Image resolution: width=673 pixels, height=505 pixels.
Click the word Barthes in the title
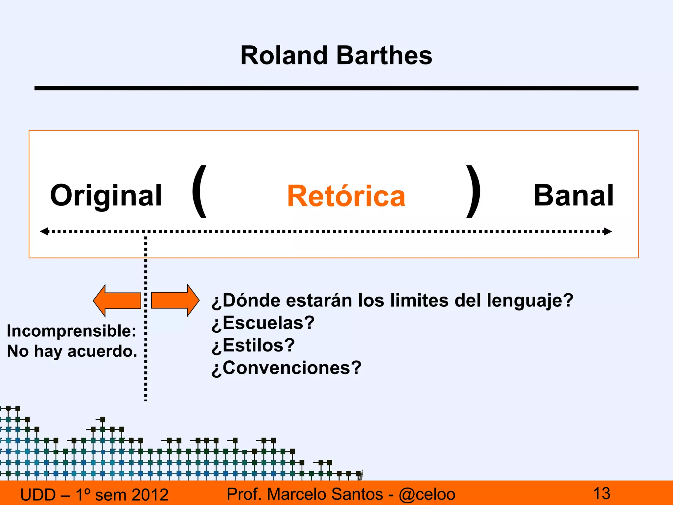click(384, 55)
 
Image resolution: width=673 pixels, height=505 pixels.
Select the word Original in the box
click(106, 196)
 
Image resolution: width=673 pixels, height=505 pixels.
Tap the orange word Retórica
click(346, 196)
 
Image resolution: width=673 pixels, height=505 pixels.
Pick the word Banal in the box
click(573, 196)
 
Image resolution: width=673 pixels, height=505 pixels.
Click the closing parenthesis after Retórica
click(474, 192)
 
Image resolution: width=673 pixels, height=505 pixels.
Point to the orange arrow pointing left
click(117, 301)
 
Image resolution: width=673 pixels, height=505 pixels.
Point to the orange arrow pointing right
click(175, 300)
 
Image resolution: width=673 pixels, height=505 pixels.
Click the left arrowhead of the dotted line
click(44, 231)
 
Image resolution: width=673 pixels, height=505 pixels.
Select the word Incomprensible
click(71, 331)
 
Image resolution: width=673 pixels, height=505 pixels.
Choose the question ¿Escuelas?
click(263, 323)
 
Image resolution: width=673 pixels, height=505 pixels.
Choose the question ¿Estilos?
click(253, 345)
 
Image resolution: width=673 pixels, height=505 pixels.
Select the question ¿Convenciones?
click(286, 368)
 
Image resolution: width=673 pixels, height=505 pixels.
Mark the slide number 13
click(602, 493)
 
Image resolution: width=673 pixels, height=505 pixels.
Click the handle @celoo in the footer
click(427, 494)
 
